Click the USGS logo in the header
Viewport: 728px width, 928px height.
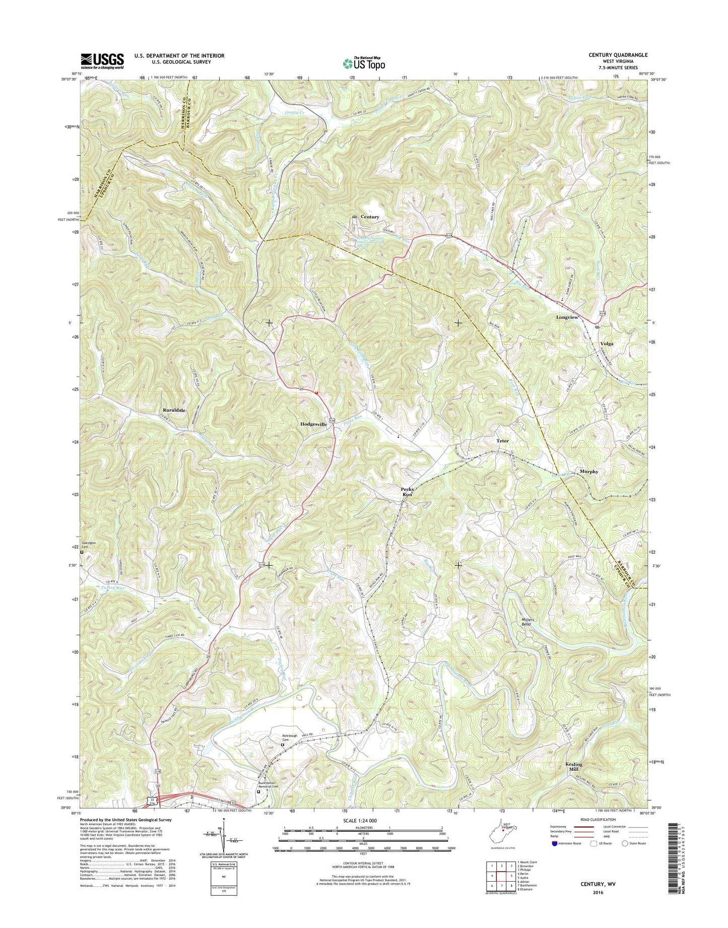pos(102,61)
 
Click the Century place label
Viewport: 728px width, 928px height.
pos(370,217)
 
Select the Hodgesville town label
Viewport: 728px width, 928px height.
pos(314,424)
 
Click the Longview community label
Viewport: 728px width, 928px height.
pos(567,317)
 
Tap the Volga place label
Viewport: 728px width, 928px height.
pos(607,344)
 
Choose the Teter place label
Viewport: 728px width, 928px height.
pos(502,441)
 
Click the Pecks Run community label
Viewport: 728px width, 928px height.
pos(407,492)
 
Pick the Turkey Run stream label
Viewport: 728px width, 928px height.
pos(112,587)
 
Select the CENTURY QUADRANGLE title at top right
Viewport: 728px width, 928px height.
pos(617,55)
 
